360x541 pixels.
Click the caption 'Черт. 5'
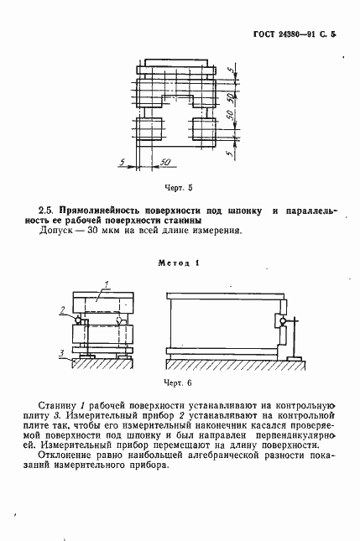click(180, 188)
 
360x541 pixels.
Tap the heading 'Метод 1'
click(179, 263)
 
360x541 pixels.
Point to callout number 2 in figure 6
click(62, 310)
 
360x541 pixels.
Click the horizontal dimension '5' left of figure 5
click(123, 160)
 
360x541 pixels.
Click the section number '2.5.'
click(46, 207)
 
